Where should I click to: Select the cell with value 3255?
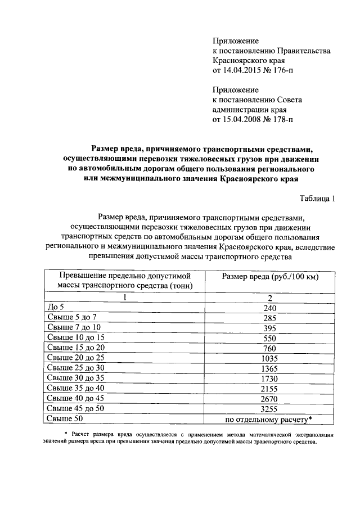coord(269,408)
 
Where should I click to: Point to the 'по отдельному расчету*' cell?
coord(269,419)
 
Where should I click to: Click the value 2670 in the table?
coord(269,398)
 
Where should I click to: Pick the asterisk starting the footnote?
coord(66,434)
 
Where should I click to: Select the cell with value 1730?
coord(269,378)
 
